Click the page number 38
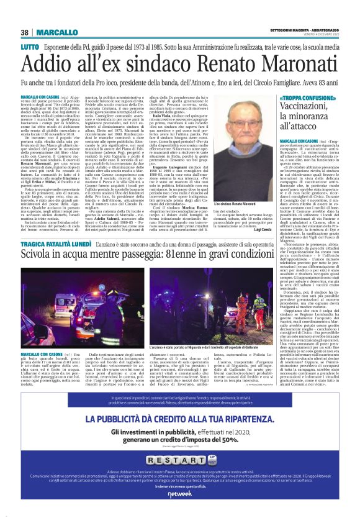click(24, 32)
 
